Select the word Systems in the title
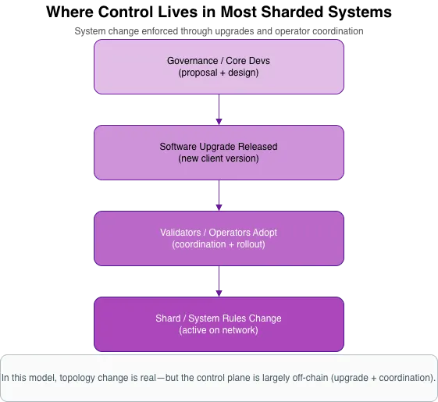(359, 12)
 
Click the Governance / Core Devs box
(219, 67)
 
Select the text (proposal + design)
(219, 73)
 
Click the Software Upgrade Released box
(219, 152)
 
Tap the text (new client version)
(219, 158)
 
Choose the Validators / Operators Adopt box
(219, 238)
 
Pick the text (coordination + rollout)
(219, 244)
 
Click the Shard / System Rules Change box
(219, 324)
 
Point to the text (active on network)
(219, 330)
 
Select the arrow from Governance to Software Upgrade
(219, 109)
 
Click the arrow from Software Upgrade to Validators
(219, 195)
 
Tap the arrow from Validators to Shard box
(219, 281)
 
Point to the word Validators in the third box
(180, 233)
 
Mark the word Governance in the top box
(193, 61)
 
